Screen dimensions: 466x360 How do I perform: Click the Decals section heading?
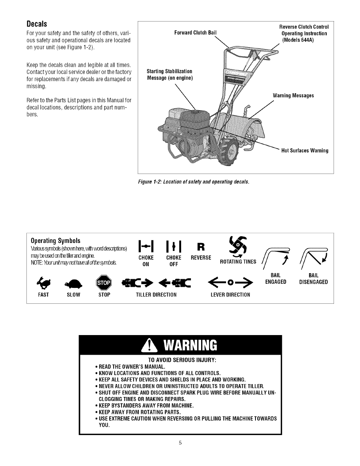37,24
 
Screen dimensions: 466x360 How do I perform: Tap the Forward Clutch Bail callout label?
195,32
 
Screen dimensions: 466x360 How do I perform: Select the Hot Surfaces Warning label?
305,151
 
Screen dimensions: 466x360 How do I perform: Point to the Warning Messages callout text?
293,95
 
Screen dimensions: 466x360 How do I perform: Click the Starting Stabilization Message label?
169,75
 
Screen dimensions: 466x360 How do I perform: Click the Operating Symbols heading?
55,241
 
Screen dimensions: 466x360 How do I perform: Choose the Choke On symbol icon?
146,246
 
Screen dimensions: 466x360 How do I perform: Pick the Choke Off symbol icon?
173,246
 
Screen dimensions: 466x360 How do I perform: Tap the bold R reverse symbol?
201,247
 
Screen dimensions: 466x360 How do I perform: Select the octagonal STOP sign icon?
104,283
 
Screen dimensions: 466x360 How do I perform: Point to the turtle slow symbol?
73,283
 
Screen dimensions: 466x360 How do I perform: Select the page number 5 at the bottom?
180,443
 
